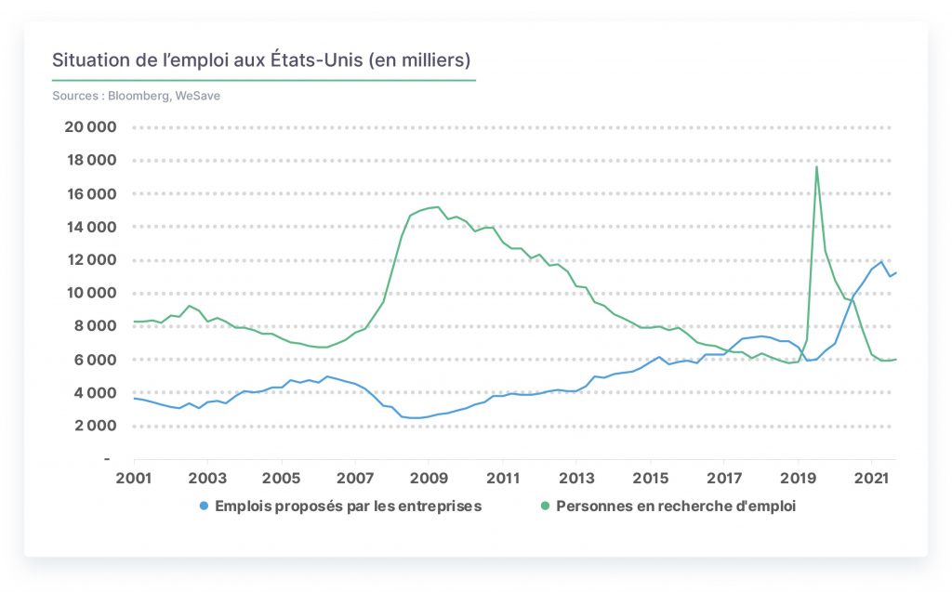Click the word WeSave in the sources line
pos(197,96)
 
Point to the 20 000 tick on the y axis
pos(90,127)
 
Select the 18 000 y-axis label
pos(90,160)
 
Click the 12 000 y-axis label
pos(90,260)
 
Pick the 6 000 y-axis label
pos(95,360)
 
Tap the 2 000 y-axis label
pos(96,426)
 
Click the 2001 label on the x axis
pos(134,478)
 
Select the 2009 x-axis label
pos(429,478)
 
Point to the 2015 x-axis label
pos(650,478)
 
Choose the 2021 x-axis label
pos(871,478)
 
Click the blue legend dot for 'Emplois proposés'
pos(204,506)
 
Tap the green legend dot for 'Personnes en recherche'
pos(545,506)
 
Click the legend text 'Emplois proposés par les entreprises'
pos(348,506)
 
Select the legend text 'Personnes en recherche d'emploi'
pos(676,506)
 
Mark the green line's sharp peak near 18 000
pos(816,167)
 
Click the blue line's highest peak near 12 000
pos(881,262)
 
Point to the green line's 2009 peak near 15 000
pos(438,207)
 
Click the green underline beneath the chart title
pos(264,80)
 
